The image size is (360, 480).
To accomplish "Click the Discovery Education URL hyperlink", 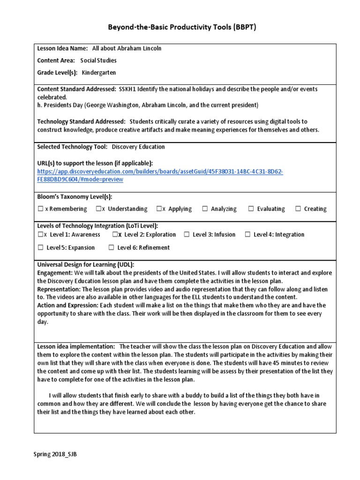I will (160, 175).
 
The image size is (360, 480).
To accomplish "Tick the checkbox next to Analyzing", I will (205, 209).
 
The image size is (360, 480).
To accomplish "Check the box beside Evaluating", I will (251, 209).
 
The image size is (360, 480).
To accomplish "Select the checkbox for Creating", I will (298, 209).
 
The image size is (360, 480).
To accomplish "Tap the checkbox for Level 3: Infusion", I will (187, 235).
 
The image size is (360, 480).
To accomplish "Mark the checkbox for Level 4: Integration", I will (247, 235).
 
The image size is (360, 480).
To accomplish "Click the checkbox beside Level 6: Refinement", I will (112, 247).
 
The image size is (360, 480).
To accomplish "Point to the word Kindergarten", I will (98, 73).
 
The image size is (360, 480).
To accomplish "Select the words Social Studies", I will (98, 60).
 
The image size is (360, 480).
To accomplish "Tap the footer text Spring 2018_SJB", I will (55, 455).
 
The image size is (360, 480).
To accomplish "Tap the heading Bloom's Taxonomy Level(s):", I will (75, 197).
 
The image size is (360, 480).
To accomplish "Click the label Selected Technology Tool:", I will (72, 147).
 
